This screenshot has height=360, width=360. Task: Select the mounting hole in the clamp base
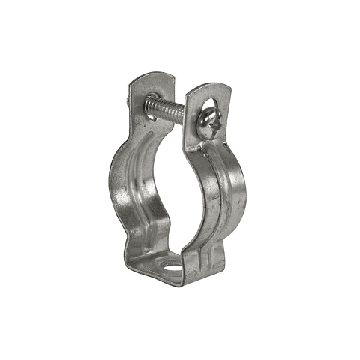pos(174,266)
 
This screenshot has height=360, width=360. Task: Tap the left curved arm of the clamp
pos(124,187)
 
